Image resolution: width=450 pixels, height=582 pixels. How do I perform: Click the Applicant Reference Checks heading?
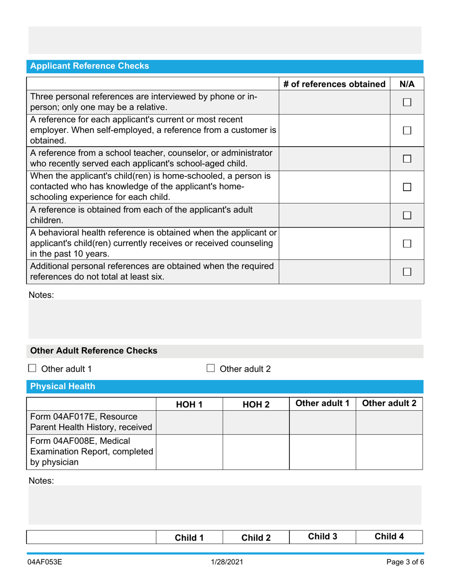[90, 66]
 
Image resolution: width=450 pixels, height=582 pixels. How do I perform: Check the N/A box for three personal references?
[407, 102]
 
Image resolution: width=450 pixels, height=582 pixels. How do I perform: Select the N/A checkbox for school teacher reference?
[407, 159]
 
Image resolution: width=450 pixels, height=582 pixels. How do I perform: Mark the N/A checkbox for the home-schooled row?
[407, 187]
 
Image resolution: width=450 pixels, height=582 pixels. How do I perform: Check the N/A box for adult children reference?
[407, 216]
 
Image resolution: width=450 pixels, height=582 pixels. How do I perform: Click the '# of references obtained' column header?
[334, 85]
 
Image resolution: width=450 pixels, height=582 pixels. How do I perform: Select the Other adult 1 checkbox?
[32, 369]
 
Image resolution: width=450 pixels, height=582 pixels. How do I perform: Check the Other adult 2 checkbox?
[211, 369]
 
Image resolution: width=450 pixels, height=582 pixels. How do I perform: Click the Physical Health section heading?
[63, 387]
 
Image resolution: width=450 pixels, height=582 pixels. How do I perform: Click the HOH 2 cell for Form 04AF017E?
[256, 422]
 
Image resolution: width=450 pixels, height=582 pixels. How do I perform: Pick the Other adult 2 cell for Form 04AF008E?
[389, 451]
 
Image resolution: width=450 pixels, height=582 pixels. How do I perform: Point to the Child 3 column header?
[322, 537]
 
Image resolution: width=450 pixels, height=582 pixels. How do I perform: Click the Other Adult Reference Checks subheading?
[93, 351]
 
